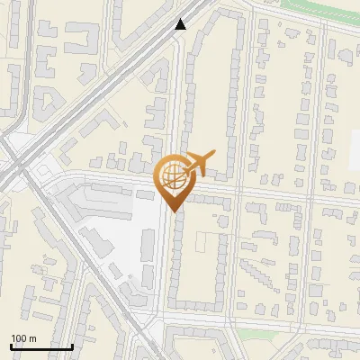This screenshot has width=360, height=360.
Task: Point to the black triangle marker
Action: [x=181, y=24]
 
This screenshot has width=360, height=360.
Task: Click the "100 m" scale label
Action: [x=23, y=338]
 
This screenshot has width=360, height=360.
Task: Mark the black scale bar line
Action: [x=41, y=346]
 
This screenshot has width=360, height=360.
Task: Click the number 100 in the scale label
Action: [x=19, y=338]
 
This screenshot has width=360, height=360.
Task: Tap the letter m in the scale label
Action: [x=31, y=338]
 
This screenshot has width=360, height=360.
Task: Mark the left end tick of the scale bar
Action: [x=11, y=346]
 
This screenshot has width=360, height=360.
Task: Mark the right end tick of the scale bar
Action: [x=72, y=346]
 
